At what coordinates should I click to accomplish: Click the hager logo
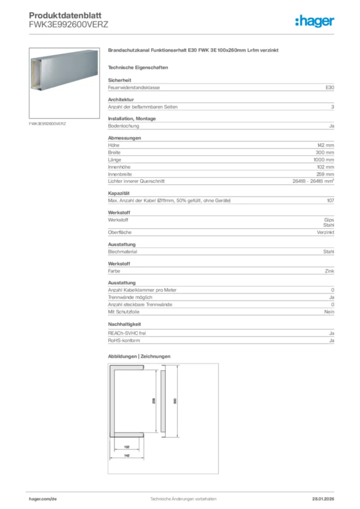[314, 21]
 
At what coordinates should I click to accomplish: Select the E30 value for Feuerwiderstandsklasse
[330, 87]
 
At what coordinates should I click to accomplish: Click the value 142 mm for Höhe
[326, 145]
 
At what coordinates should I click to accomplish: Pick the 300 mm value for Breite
[325, 152]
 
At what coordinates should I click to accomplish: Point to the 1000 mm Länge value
[324, 160]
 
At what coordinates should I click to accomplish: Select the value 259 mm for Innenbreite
[325, 174]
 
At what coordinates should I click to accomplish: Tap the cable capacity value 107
[330, 200]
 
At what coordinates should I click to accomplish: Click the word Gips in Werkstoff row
[329, 220]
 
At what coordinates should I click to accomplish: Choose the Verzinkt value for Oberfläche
[325, 232]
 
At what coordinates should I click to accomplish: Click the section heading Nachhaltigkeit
[125, 324]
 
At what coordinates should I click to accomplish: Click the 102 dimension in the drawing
[126, 446]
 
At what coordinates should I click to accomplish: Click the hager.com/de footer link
[43, 499]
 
